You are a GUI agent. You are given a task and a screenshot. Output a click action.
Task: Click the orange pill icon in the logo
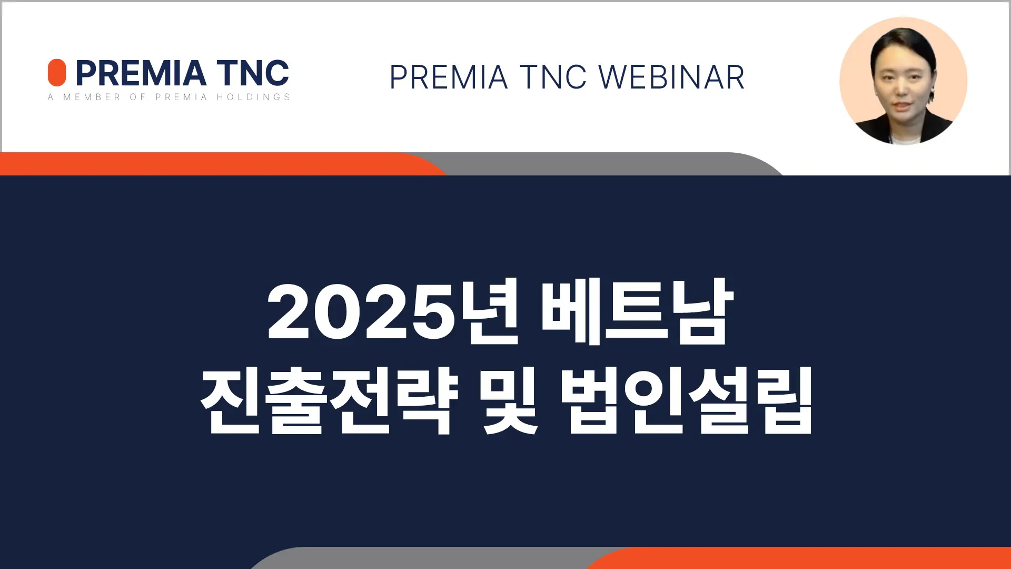57,73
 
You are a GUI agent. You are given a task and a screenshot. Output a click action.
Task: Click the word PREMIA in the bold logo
141,73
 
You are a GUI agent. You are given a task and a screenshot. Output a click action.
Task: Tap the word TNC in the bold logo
253,73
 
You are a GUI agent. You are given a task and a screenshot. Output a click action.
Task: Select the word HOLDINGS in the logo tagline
253,97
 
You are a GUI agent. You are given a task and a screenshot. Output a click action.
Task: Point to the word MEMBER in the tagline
92,97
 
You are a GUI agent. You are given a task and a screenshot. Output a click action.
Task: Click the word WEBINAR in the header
672,77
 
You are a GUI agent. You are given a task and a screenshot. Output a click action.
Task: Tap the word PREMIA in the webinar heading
449,77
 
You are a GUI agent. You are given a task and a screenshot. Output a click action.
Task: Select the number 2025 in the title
361,312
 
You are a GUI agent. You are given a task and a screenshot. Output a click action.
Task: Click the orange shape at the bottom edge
800,558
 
